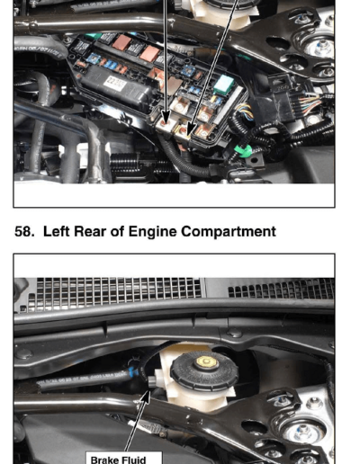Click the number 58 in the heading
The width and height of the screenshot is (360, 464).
point(24,232)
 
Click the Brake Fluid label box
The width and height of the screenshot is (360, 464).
point(124,458)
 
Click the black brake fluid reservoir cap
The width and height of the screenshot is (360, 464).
point(204,371)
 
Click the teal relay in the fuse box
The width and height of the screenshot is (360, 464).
point(224,85)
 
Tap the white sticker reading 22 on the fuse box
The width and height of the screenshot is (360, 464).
point(115,84)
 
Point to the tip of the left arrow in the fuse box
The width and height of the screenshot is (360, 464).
point(166,122)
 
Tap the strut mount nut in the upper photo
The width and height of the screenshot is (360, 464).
point(321,48)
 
